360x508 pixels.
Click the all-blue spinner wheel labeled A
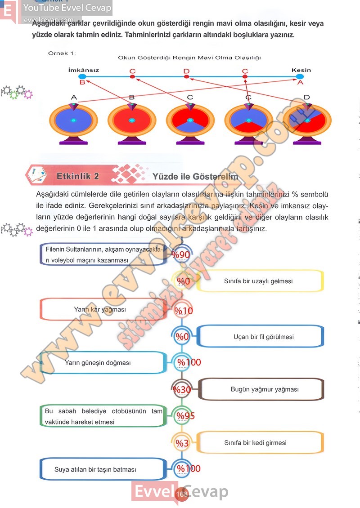pos(73,120)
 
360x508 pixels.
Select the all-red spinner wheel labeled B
pos(131,120)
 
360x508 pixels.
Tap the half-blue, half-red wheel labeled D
pos(307,120)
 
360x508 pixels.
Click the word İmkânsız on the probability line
pos(83,70)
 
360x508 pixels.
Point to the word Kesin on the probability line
pos(301,70)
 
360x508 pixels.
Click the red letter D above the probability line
pos(186,71)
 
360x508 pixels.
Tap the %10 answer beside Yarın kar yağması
pos(183,310)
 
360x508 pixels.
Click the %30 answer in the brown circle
pos(182,390)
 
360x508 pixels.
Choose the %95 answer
pos(185,416)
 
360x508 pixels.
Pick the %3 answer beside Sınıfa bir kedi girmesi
pos(182,443)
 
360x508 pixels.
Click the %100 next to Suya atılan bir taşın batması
pos(189,469)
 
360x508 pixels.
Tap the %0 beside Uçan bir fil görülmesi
pos(182,337)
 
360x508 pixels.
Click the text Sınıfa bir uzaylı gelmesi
pos(258,281)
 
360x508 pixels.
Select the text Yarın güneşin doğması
pos(98,362)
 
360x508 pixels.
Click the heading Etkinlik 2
pos(78,176)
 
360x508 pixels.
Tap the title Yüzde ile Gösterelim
pos(195,176)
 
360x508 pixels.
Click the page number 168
pos(182,495)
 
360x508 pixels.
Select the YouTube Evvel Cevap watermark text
pos(67,8)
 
